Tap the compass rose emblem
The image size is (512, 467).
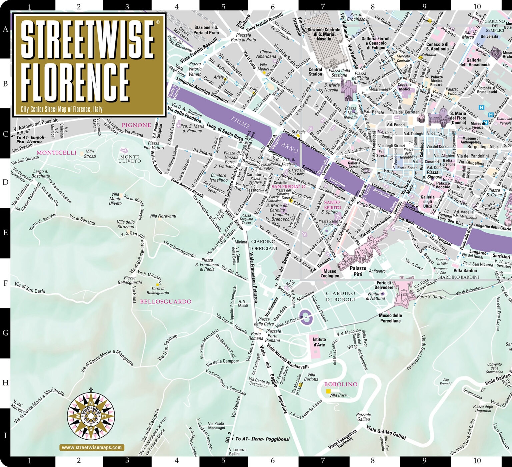coord(91,415)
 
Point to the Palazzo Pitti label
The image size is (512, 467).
coord(358,271)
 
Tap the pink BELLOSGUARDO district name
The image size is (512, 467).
coord(166,301)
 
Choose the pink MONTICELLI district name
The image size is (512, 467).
coord(56,153)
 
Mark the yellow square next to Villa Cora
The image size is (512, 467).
coord(328,391)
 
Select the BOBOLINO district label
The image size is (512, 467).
coord(340,384)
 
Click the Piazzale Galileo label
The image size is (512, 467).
coord(363,417)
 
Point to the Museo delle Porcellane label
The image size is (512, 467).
coord(390,318)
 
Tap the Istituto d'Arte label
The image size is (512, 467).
coord(319,342)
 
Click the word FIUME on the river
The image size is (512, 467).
coord(240,123)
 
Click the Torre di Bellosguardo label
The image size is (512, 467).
coord(158,291)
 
